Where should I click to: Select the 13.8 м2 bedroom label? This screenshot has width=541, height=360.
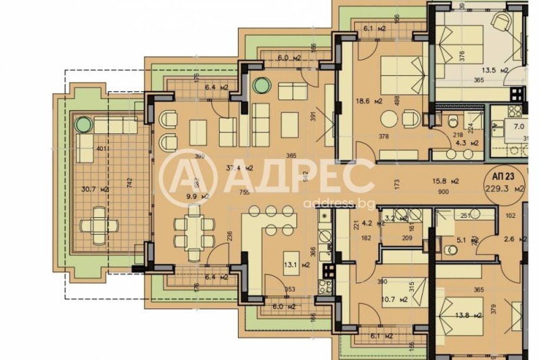coord(465,315)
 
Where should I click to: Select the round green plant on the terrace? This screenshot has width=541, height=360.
coord(84,125)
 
